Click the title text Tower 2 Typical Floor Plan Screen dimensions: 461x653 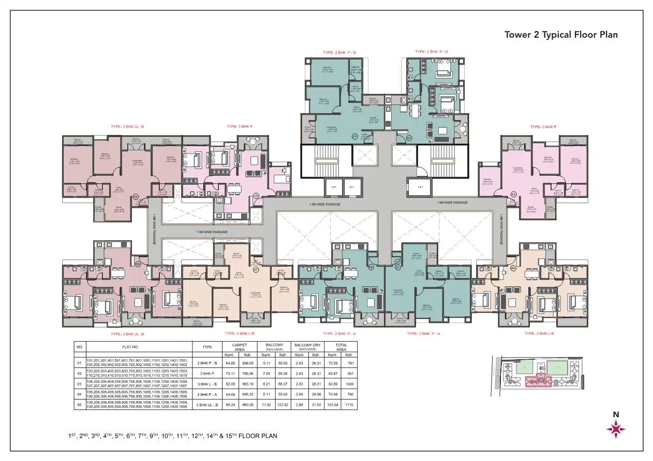(561, 35)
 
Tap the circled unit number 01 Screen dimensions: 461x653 (355, 137)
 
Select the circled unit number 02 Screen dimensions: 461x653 (409, 137)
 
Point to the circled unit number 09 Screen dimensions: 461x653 (136, 197)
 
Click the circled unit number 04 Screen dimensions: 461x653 (513, 268)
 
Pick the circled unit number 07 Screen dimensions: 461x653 (255, 269)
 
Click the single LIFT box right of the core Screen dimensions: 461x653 (420, 187)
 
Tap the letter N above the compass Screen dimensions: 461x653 (616, 414)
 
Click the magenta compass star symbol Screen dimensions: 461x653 (616, 429)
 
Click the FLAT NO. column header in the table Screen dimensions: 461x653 (139, 347)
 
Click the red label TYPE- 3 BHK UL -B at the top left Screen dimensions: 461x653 (128, 127)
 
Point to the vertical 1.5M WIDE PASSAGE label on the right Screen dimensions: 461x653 (501, 230)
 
